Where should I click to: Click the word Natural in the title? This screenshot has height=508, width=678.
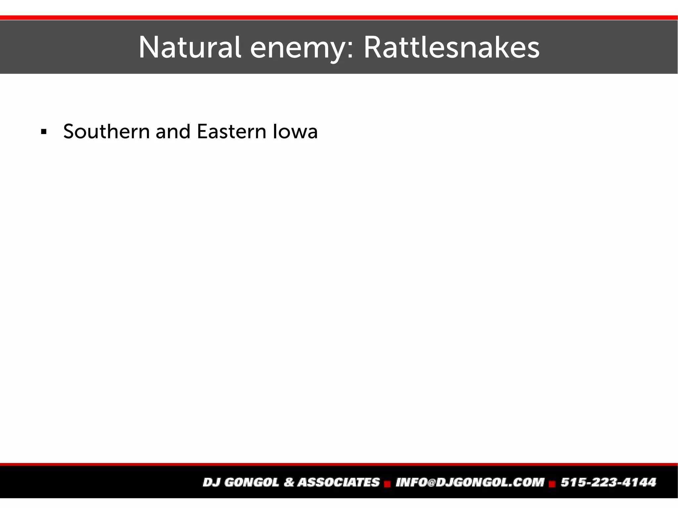click(x=189, y=48)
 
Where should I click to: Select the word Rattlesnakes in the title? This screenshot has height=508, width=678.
click(x=451, y=48)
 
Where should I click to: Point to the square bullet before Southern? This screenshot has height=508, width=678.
click(x=43, y=132)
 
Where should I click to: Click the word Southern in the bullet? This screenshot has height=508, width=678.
click(x=106, y=131)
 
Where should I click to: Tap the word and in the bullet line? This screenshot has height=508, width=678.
click(x=173, y=131)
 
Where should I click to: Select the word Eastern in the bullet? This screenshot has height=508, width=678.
click(x=231, y=131)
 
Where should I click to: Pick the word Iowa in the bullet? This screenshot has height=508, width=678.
click(x=295, y=131)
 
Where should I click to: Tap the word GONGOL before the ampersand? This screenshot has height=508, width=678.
click(x=252, y=482)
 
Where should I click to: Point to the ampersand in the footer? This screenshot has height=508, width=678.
click(x=289, y=482)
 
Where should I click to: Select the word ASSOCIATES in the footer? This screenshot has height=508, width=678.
click(x=338, y=482)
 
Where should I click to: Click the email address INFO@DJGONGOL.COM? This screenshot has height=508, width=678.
click(x=470, y=482)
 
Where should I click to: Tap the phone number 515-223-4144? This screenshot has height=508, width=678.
click(x=608, y=482)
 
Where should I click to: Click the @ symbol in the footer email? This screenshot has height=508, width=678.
click(x=431, y=483)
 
